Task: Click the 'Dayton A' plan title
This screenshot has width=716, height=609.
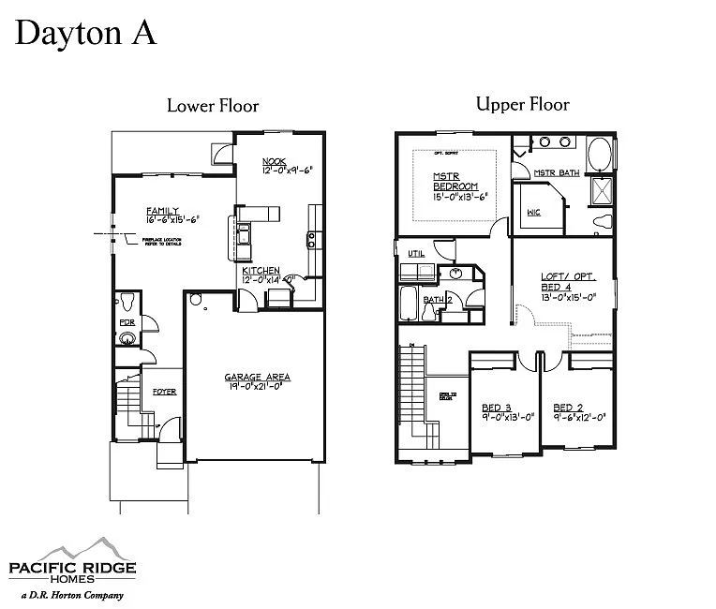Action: [x=84, y=33]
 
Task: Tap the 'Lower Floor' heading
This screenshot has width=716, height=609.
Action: [x=213, y=105]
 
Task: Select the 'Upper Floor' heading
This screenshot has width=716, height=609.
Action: [x=522, y=104]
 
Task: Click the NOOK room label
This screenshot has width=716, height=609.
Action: [x=274, y=161]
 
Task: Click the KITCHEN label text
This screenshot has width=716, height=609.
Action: [x=261, y=270]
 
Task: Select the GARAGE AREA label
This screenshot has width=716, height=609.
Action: [x=257, y=377]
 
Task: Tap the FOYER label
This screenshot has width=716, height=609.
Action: [x=164, y=392]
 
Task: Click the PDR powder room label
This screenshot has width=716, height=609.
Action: [x=126, y=322]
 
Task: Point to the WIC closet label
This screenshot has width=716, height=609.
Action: [x=533, y=213]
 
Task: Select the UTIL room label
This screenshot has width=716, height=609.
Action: [x=415, y=253]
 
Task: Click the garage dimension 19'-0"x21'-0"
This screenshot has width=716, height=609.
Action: [x=257, y=388]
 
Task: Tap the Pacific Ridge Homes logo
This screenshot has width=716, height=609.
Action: [x=72, y=563]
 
